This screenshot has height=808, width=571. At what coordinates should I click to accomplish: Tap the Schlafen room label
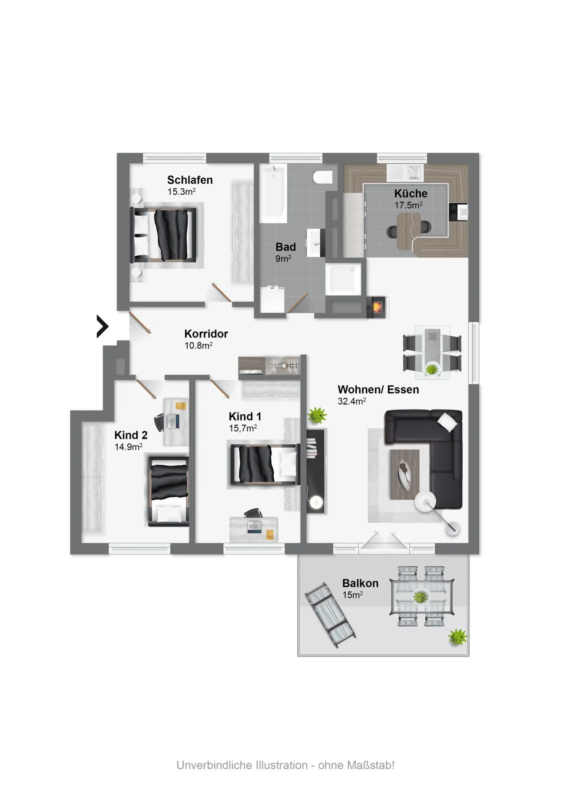[x=190, y=180]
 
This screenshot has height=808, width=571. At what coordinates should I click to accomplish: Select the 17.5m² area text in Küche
[x=408, y=205]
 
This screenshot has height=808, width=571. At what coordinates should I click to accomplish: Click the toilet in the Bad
[x=323, y=177]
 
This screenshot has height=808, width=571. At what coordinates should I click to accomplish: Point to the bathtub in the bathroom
[x=273, y=193]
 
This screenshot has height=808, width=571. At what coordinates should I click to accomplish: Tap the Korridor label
[x=206, y=334]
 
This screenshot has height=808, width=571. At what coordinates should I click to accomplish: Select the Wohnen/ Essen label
[x=378, y=390]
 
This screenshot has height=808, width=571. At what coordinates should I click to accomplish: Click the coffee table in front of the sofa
[x=405, y=474]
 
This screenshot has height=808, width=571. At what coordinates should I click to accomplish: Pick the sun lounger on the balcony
[x=330, y=615]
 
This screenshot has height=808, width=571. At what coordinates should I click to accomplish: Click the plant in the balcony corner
[x=457, y=636]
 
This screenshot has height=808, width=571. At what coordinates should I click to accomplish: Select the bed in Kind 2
[x=168, y=491]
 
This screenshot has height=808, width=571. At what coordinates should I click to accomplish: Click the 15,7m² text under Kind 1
[x=243, y=428]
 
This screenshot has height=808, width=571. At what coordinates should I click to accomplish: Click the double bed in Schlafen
[x=164, y=235]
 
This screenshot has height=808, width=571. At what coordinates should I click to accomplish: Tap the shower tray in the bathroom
[x=343, y=279]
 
